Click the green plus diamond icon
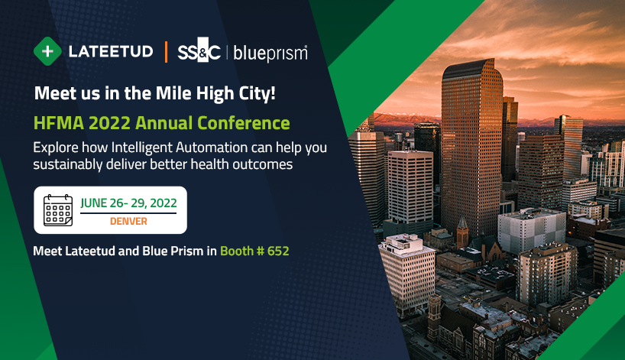click(47, 51)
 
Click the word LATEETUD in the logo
click(111, 51)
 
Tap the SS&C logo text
click(199, 50)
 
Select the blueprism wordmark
click(270, 54)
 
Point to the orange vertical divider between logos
click(166, 52)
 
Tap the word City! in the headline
click(257, 94)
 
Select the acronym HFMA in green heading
click(59, 123)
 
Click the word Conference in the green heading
click(243, 123)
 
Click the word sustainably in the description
click(68, 164)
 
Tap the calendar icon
click(58, 210)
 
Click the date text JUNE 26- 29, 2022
click(128, 203)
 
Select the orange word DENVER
click(128, 221)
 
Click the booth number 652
click(278, 251)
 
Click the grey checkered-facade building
click(531, 229)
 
